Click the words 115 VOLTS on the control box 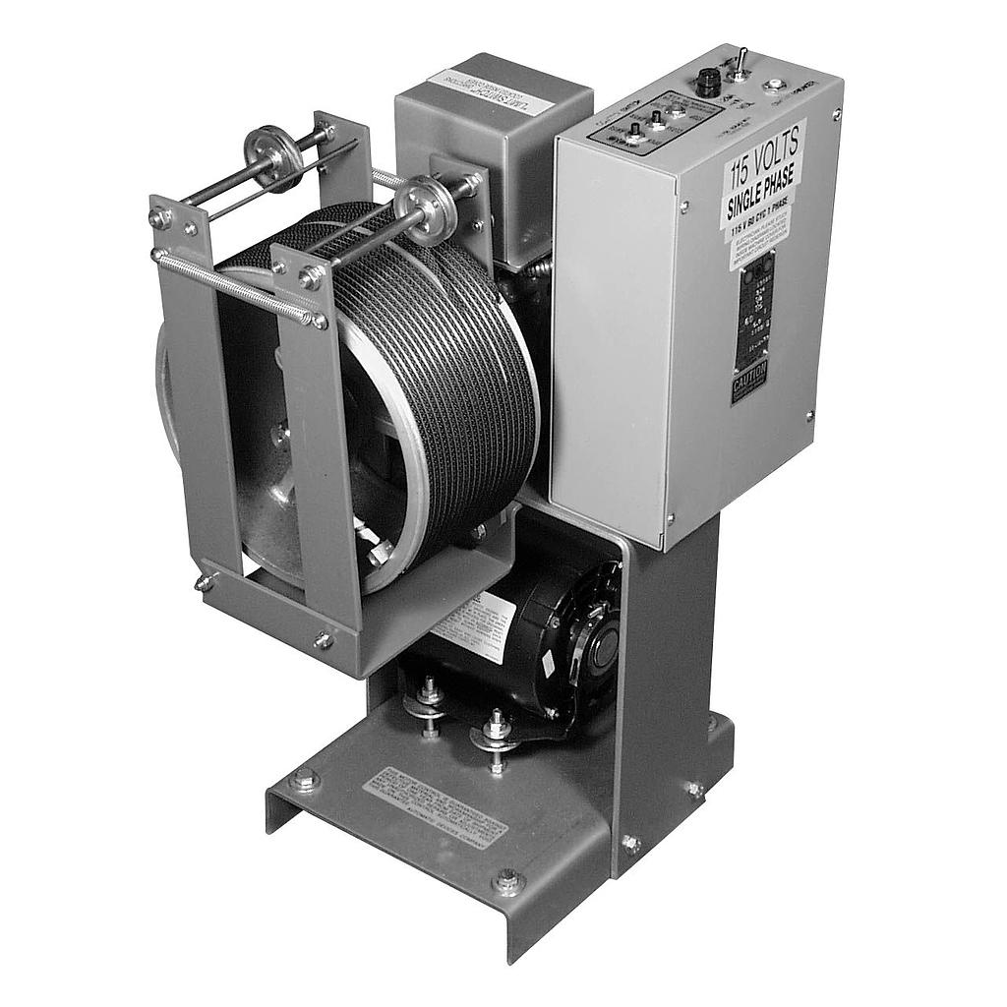tap(764, 159)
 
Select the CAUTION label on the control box tap(749, 385)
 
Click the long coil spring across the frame tap(236, 286)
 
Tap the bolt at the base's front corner tap(507, 881)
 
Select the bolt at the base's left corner tap(304, 780)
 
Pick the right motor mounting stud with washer tap(496, 732)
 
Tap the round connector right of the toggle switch tap(777, 85)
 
